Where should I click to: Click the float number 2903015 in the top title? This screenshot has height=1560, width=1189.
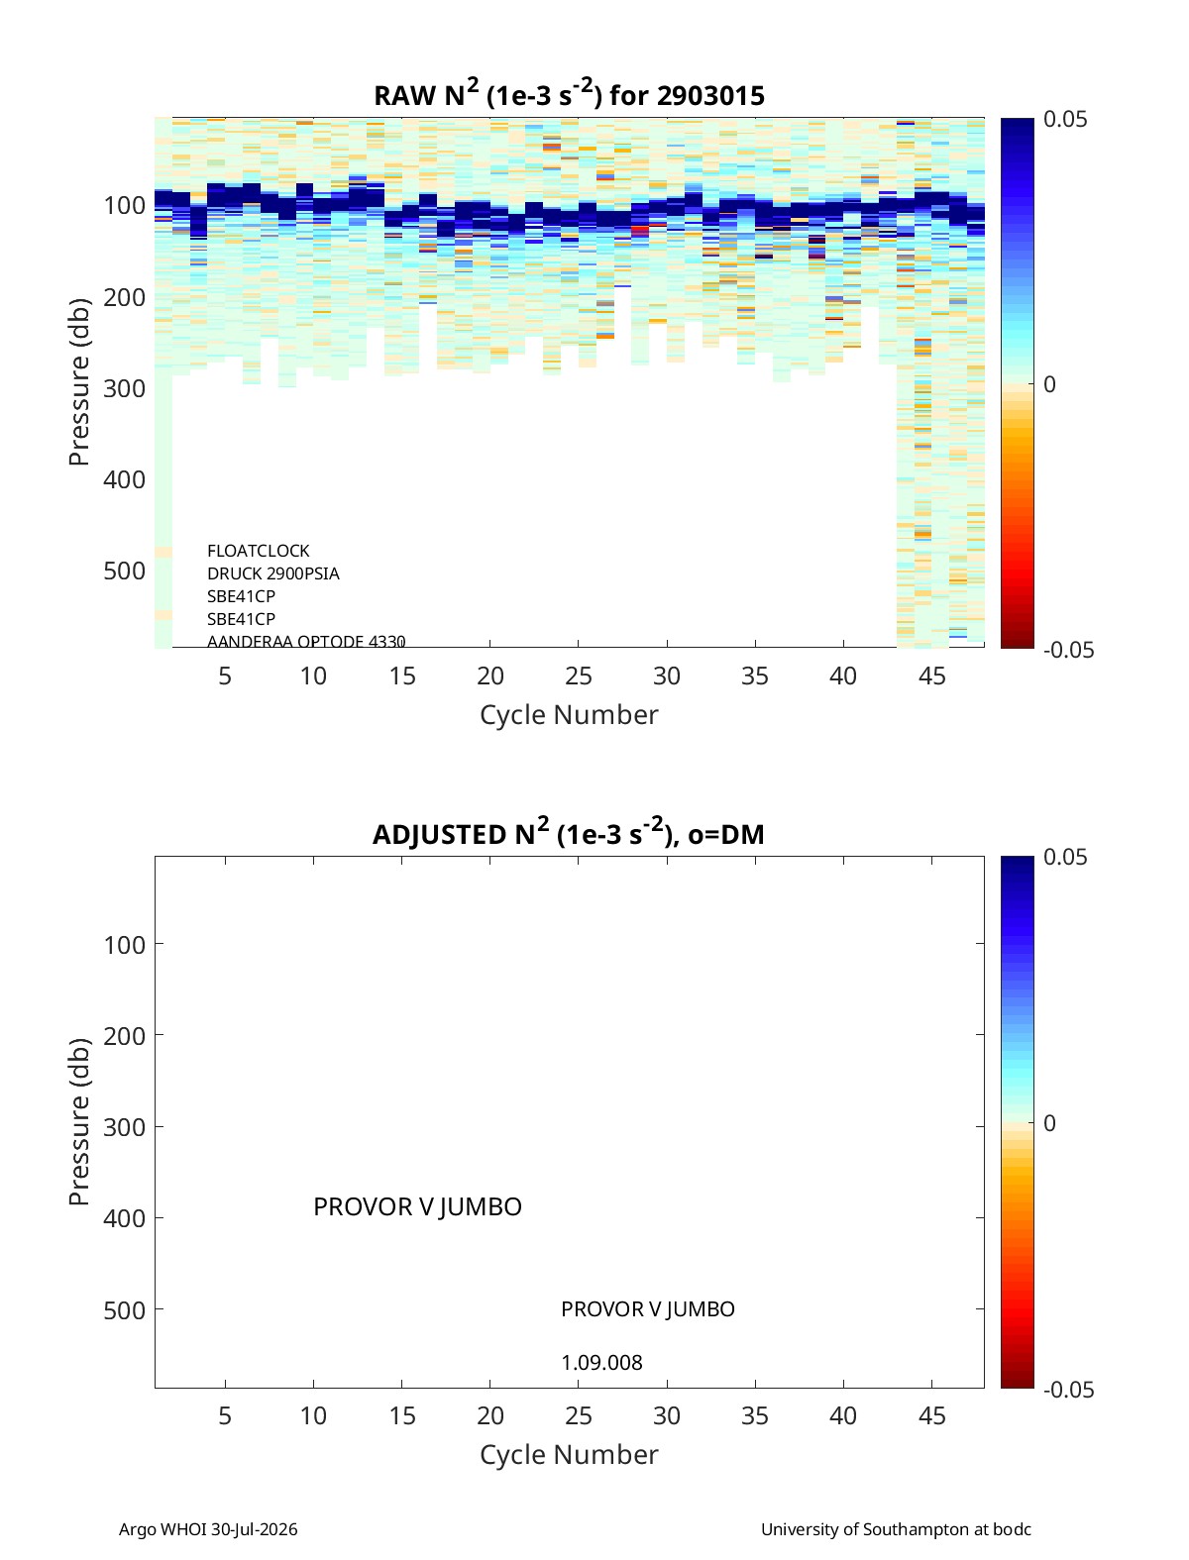pyautogui.click(x=709, y=96)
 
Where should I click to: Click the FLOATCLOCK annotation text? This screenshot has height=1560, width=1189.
pyautogui.click(x=258, y=551)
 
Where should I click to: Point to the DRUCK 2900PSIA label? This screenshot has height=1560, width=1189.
pyautogui.click(x=272, y=573)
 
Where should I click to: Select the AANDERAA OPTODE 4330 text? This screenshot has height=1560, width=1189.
pyautogui.click(x=306, y=641)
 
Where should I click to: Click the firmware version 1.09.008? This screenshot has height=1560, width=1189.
pyautogui.click(x=601, y=1363)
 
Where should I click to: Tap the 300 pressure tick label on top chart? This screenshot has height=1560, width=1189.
pyautogui.click(x=125, y=388)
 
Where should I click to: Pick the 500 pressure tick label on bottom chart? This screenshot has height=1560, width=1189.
pyautogui.click(x=125, y=1309)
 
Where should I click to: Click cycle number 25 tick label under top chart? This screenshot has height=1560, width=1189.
pyautogui.click(x=579, y=676)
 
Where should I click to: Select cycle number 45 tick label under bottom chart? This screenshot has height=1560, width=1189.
pyautogui.click(x=931, y=1415)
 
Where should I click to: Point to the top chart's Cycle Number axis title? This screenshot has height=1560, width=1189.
pyautogui.click(x=570, y=715)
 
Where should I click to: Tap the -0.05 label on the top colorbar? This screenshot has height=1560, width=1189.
pyautogui.click(x=1068, y=650)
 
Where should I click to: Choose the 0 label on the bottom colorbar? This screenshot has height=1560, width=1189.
pyautogui.click(x=1049, y=1123)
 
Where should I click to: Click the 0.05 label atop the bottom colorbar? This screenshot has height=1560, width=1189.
pyautogui.click(x=1064, y=857)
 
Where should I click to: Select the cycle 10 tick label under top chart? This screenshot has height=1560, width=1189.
pyautogui.click(x=313, y=676)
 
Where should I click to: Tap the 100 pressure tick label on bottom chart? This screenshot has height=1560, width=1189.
pyautogui.click(x=125, y=945)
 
